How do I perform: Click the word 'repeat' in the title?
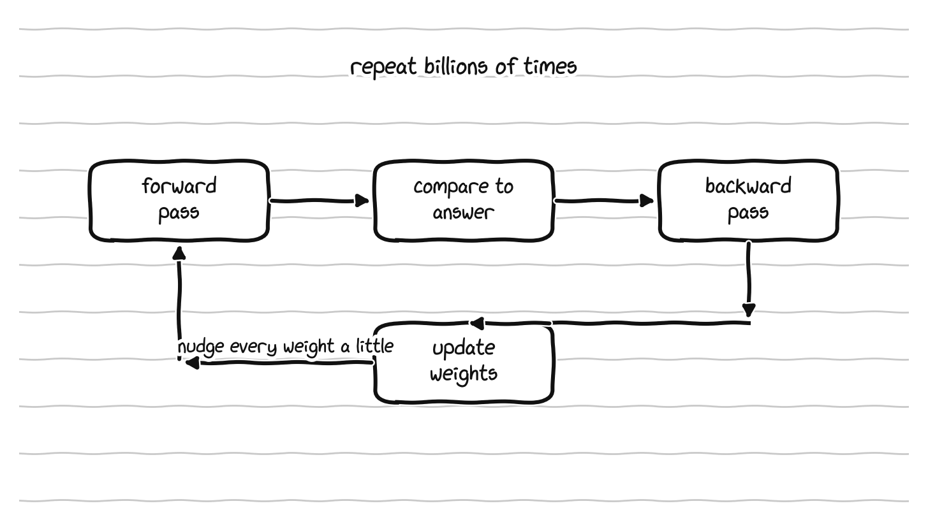coord(383,68)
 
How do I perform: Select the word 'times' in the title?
coord(550,66)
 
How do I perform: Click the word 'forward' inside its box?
coord(179,185)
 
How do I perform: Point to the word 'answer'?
coord(464,213)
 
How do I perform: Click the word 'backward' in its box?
coord(748,185)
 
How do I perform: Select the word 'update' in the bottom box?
coord(464,348)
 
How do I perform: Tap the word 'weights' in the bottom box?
coord(464,373)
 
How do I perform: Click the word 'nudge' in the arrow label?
coord(201,347)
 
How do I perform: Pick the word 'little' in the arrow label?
coord(375,345)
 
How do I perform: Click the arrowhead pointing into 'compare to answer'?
coord(362,201)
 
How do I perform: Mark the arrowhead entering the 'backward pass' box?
coord(647,201)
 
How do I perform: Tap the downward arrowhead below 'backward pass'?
coord(749,310)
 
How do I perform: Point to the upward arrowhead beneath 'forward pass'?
coord(179,253)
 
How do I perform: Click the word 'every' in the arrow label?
coord(254,347)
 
